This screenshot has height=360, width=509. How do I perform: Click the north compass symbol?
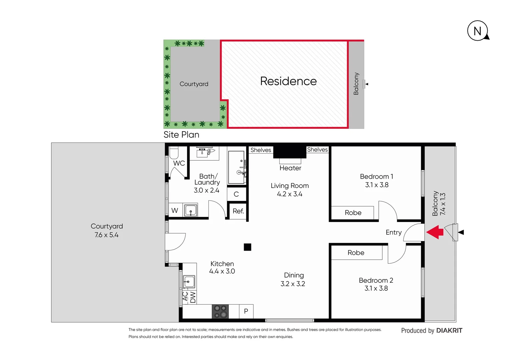478,31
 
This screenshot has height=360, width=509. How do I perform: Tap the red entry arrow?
435,232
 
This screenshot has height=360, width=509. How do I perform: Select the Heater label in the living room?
290,168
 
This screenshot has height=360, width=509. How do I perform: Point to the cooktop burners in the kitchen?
220,311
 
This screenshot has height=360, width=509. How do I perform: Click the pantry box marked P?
246,311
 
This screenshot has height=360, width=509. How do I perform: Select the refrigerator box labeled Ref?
238,211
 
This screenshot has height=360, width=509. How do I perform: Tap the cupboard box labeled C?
236,194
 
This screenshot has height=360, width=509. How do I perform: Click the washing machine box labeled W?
175,210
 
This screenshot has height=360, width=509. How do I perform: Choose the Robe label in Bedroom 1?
353,213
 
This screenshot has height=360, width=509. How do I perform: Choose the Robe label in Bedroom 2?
356,253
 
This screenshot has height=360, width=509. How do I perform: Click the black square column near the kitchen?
247,247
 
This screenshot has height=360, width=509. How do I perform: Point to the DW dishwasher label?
193,297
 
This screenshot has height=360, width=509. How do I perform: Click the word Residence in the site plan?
288,81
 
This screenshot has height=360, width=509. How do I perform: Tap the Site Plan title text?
181,135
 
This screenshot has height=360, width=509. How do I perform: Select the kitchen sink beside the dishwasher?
189,282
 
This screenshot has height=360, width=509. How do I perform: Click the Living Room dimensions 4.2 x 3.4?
289,194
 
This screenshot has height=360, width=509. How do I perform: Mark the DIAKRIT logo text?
449,330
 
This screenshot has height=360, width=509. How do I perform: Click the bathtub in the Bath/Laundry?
237,167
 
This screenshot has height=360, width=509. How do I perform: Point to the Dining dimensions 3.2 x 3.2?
293,284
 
